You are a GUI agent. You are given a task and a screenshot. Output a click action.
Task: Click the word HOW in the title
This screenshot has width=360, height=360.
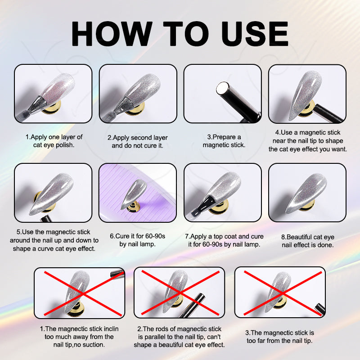[112, 34]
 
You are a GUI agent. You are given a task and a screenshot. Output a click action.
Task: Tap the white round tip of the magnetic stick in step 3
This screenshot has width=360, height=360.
[222, 88]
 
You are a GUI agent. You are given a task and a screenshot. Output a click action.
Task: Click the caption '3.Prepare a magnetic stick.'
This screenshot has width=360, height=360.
[224, 141]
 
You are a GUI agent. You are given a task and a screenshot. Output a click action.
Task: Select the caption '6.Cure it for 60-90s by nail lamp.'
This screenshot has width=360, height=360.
[137, 240]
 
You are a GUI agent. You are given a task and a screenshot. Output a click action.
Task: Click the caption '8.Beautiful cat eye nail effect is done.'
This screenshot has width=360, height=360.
[308, 241]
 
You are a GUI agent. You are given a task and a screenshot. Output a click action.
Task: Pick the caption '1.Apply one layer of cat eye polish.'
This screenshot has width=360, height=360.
[54, 141]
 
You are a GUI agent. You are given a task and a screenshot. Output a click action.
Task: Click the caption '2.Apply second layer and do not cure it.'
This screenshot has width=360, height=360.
[138, 141]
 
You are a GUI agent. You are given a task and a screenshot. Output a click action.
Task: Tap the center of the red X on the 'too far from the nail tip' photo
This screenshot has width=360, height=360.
[283, 293]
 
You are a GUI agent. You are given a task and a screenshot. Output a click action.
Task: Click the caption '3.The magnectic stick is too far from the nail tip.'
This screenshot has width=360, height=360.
[279, 337]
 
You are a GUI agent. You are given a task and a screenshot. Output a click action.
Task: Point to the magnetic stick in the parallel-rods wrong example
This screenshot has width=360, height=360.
[193, 306]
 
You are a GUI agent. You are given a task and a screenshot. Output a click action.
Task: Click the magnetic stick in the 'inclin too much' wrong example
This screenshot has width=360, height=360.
[117, 274]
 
